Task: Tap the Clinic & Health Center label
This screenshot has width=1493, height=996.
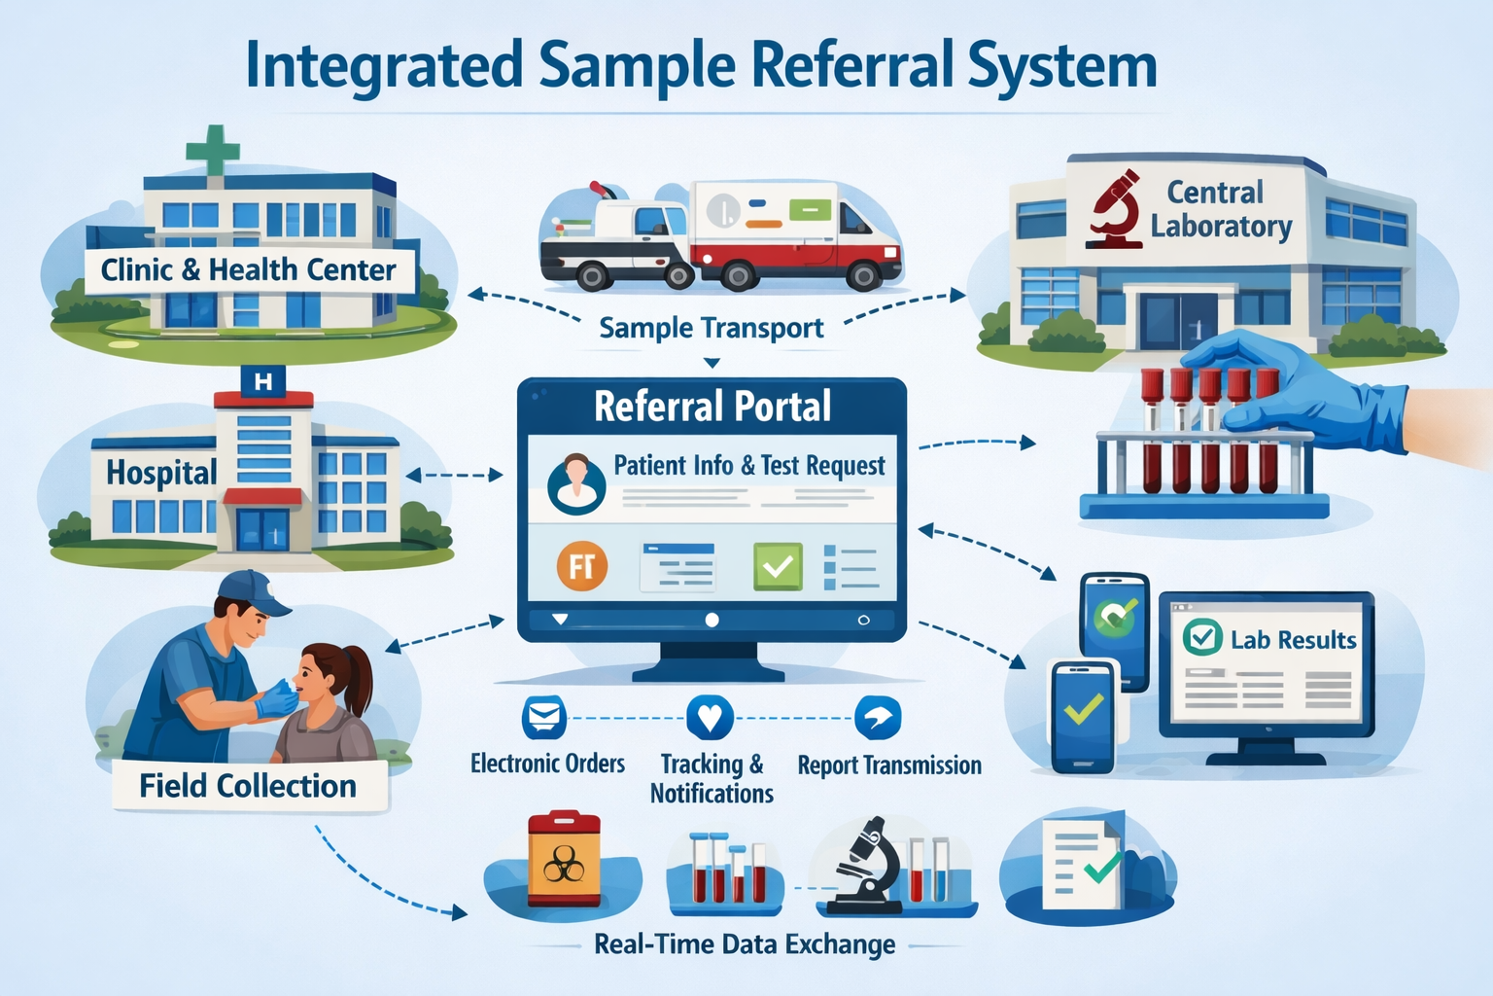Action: (x=249, y=269)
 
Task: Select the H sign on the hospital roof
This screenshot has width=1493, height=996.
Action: (x=262, y=381)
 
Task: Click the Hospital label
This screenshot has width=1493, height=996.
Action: (x=161, y=473)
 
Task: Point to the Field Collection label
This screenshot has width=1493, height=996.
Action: (x=248, y=786)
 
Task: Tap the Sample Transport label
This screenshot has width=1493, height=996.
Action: (x=711, y=328)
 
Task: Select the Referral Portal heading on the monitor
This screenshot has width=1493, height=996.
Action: (x=712, y=407)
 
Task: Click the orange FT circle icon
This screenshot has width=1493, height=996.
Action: (x=582, y=566)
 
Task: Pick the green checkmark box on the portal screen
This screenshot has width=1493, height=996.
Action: (x=778, y=566)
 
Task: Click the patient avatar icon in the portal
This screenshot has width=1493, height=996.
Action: (x=575, y=482)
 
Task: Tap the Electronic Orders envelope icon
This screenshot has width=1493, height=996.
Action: (x=544, y=718)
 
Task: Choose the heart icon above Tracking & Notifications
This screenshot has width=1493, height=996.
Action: (x=710, y=718)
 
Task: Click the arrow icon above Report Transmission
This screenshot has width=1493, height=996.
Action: (x=878, y=718)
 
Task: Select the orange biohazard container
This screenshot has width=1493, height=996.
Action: (x=564, y=859)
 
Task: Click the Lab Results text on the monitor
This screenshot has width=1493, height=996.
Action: (x=1293, y=639)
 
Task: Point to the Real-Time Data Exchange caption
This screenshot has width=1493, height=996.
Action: (x=745, y=944)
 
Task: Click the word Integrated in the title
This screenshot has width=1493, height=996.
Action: (x=383, y=66)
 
